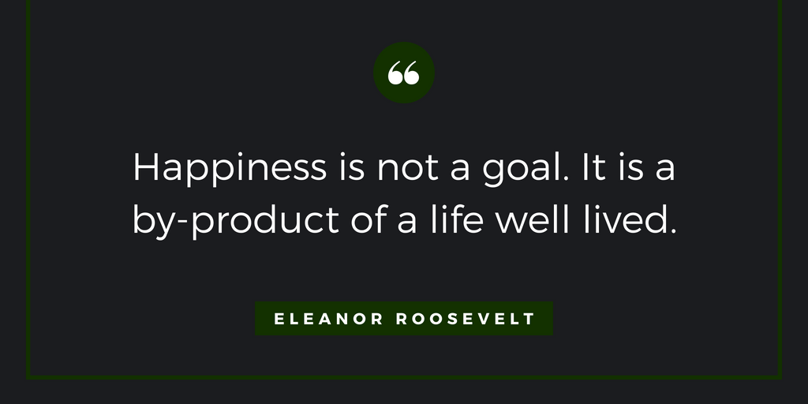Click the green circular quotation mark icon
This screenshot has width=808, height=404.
pos(404,73)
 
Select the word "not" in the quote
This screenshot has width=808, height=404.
pos(408,168)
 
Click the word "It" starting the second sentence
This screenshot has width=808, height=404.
pos(594,167)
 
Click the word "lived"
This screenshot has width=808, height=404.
pos(625,219)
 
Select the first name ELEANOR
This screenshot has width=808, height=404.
pos(328,319)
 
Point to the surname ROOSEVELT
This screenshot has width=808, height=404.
pos(466,319)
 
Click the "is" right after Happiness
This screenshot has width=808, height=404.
pos(352,168)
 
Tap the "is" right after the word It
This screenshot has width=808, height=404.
pos(631,168)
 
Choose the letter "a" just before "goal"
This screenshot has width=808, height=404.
pos(460,172)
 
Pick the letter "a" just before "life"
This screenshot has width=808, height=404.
pos(407,223)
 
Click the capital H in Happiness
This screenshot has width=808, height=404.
pos(145,167)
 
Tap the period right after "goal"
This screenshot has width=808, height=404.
pos(566,179)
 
